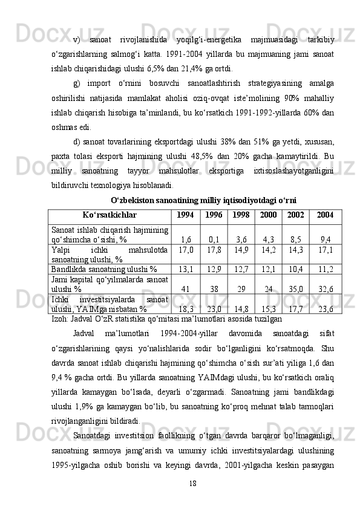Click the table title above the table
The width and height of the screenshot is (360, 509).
[203, 200]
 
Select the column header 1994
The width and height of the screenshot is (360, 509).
[185, 215]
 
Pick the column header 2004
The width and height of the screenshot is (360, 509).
[325, 215]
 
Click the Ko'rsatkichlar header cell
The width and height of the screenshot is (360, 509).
[110, 215]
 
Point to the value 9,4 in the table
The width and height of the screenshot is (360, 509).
[326, 239]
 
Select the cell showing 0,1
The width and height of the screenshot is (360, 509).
[214, 239]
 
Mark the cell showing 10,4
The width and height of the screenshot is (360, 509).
[296, 268]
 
